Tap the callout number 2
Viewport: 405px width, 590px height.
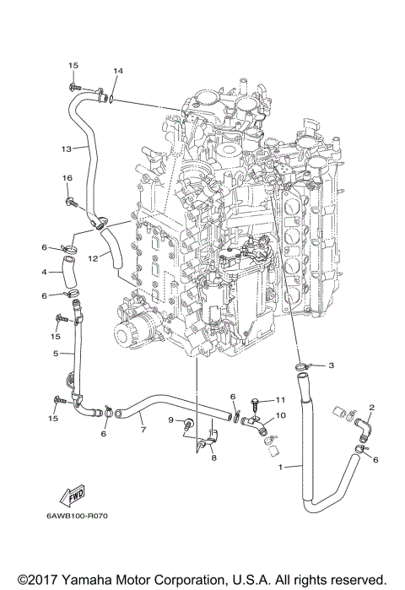click(x=371, y=409)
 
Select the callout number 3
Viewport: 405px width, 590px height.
click(x=332, y=365)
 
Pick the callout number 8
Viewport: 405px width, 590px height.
click(x=214, y=457)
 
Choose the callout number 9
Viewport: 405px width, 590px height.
click(x=170, y=419)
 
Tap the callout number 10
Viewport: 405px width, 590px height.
click(x=282, y=415)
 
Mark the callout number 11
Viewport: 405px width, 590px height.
click(x=282, y=399)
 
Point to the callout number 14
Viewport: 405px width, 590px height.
click(x=118, y=71)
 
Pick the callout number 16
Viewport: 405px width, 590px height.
click(x=65, y=178)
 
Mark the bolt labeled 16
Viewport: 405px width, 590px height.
click(x=73, y=202)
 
